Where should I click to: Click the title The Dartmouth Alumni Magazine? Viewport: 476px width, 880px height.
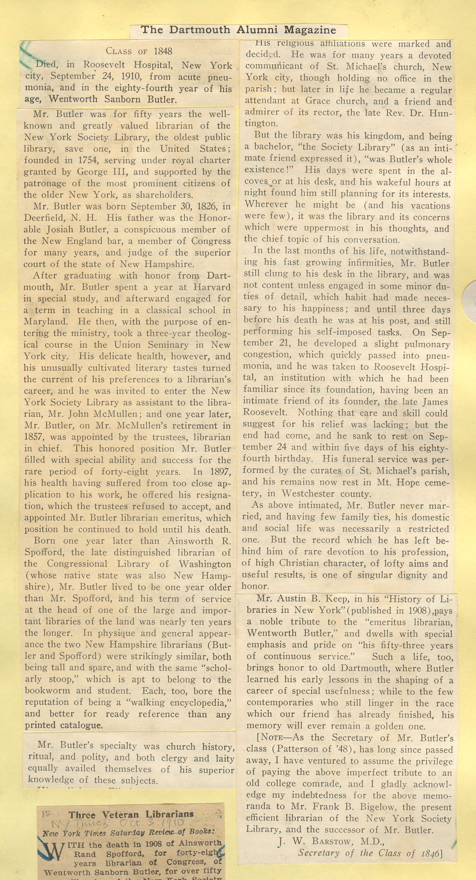point(238,30)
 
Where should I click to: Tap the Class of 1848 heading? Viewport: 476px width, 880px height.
point(139,51)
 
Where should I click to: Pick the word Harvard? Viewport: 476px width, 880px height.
point(212,287)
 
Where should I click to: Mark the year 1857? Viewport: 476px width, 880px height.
point(33,437)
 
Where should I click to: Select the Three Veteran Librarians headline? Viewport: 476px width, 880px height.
point(131,815)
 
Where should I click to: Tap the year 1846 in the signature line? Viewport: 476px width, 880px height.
point(428,853)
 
